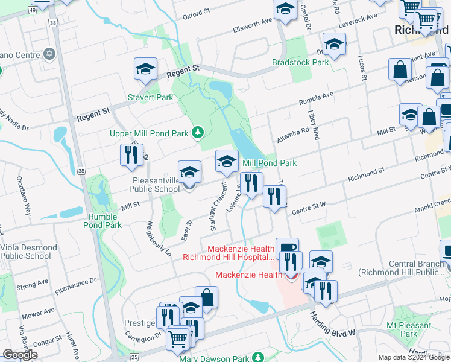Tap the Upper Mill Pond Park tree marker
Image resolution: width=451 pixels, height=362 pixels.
coord(197,132)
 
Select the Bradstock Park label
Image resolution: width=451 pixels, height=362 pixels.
coord(300,62)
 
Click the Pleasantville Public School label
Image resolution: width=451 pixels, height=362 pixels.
coord(154,184)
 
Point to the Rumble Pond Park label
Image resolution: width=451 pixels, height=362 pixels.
coord(106,221)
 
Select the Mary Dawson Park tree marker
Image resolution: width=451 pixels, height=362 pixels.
coord(259,357)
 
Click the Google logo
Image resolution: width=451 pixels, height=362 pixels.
coord(20,355)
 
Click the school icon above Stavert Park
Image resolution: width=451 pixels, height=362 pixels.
coord(145,71)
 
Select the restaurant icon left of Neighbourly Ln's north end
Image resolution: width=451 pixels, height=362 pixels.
coord(130,155)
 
